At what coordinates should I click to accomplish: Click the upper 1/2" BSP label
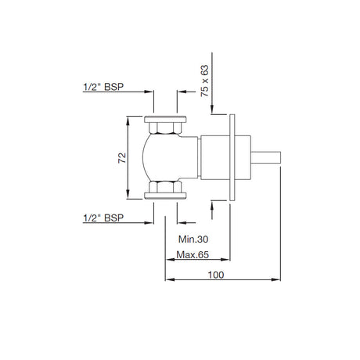(x=103, y=87)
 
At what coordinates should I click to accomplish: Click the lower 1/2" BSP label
(x=103, y=218)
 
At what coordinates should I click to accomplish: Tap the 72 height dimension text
(x=122, y=158)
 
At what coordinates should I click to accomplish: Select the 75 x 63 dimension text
(x=205, y=81)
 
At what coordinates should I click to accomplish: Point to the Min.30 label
(x=193, y=239)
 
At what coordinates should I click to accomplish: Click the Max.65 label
(x=193, y=254)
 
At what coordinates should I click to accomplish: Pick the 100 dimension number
(x=216, y=275)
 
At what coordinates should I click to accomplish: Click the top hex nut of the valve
(x=165, y=128)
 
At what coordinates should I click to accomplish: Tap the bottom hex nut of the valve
(x=165, y=187)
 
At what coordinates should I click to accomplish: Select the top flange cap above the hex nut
(x=165, y=119)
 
